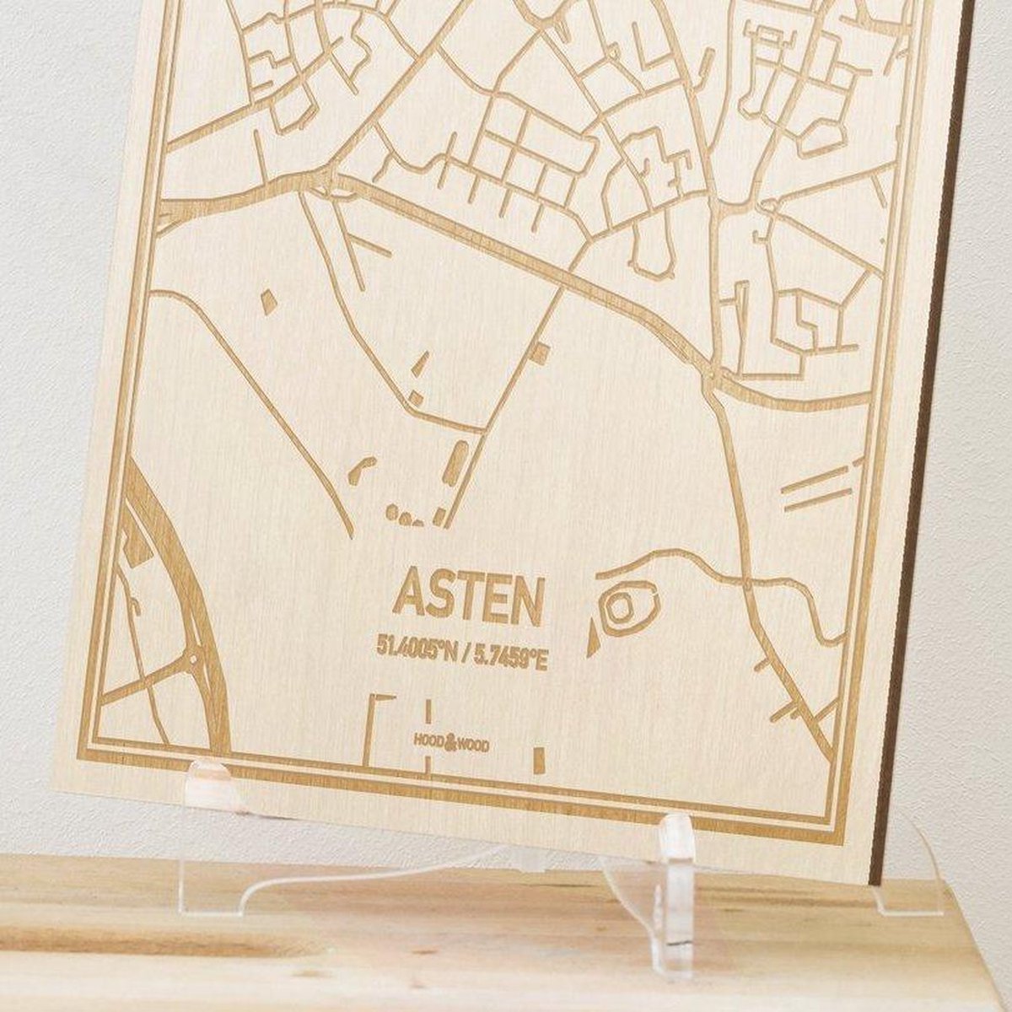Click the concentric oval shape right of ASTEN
(x=625, y=604)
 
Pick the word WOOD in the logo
(x=474, y=746)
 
